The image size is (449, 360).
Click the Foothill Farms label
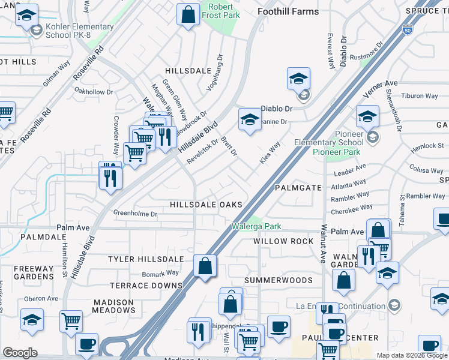pos(288,11)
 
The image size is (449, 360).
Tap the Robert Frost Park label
pos(220,11)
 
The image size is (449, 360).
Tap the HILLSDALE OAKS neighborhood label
pos(206,205)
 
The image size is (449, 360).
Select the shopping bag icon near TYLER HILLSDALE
pos(205,265)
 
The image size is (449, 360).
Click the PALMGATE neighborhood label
pos(299,188)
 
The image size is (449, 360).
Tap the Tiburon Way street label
pos(420,96)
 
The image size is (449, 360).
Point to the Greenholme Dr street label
pos(136,214)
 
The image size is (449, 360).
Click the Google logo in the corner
pos(20,353)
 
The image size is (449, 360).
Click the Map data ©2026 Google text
pos(411,355)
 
